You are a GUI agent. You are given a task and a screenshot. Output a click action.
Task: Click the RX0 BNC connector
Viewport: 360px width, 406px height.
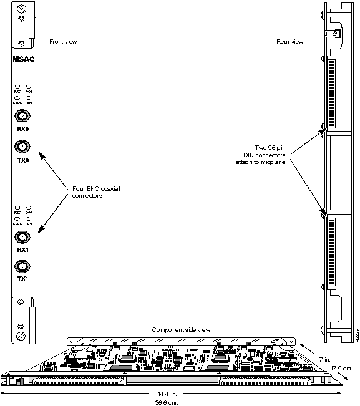pos(22,117)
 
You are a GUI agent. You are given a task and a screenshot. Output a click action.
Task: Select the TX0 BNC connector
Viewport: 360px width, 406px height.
pos(22,147)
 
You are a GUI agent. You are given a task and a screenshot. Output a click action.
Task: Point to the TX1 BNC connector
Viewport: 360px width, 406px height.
pos(22,266)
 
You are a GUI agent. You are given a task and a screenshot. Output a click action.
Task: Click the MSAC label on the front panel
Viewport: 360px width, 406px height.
pos(22,60)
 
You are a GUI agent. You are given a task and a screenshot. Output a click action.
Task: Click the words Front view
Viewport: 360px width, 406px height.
pos(63,42)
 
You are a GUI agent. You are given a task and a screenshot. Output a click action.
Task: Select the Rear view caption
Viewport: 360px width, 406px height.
pos(289,42)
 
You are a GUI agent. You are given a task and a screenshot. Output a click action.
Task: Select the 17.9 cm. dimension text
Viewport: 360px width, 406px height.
pos(342,368)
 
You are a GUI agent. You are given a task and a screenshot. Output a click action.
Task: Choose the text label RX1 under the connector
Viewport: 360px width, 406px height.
pos(22,251)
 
